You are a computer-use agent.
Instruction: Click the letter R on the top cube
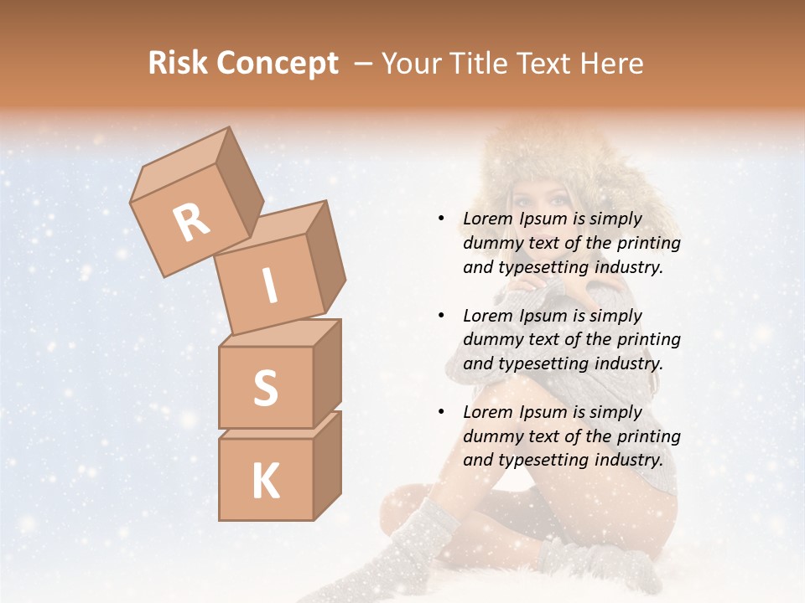pyautogui.click(x=192, y=223)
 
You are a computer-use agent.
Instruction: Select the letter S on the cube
pyautogui.click(x=266, y=388)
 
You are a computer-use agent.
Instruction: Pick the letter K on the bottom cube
pyautogui.click(x=266, y=482)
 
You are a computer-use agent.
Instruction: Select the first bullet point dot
pyautogui.click(x=442, y=219)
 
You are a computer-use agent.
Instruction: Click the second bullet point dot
pyautogui.click(x=442, y=316)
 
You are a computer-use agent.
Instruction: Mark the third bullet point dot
pyautogui.click(x=442, y=412)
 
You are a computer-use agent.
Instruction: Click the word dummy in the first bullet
pyautogui.click(x=488, y=243)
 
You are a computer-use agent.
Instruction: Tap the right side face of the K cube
pyautogui.click(x=327, y=465)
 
